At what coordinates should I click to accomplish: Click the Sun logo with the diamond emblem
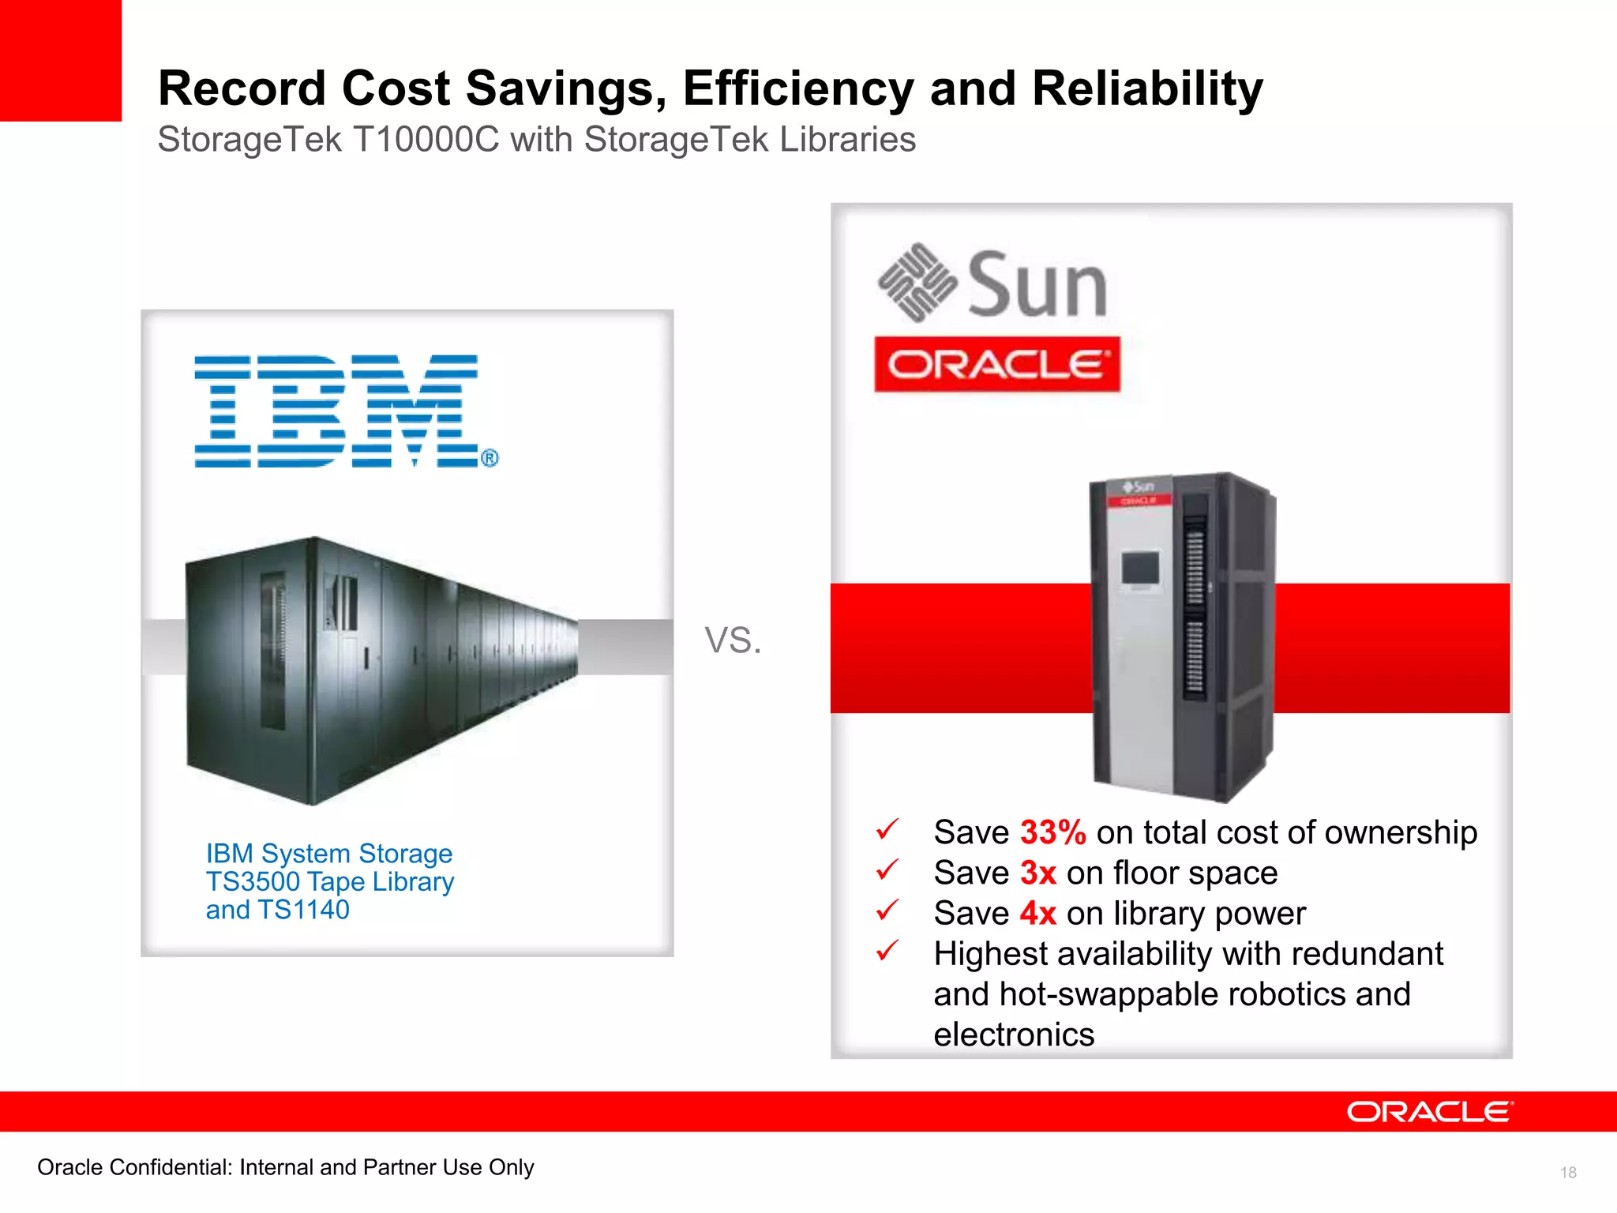click(x=992, y=284)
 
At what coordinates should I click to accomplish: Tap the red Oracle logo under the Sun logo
click(x=996, y=365)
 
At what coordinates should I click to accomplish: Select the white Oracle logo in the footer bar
click(x=1430, y=1112)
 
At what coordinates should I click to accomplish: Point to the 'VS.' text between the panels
click(x=733, y=640)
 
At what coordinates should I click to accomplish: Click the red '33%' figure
click(x=1052, y=832)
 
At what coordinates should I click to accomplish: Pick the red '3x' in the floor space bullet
click(x=1037, y=873)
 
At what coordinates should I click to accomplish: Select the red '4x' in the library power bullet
click(x=1037, y=914)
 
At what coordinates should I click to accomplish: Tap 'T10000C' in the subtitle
click(x=426, y=140)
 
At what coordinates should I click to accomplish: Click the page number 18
click(x=1568, y=1173)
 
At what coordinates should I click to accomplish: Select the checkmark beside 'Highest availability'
click(x=887, y=950)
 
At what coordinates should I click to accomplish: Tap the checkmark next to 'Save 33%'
click(x=887, y=829)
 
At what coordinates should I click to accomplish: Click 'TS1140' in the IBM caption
click(x=303, y=911)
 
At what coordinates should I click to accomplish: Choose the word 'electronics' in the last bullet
click(x=1014, y=1035)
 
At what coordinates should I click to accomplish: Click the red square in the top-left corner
click(x=61, y=60)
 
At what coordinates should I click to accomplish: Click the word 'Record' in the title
click(x=242, y=88)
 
